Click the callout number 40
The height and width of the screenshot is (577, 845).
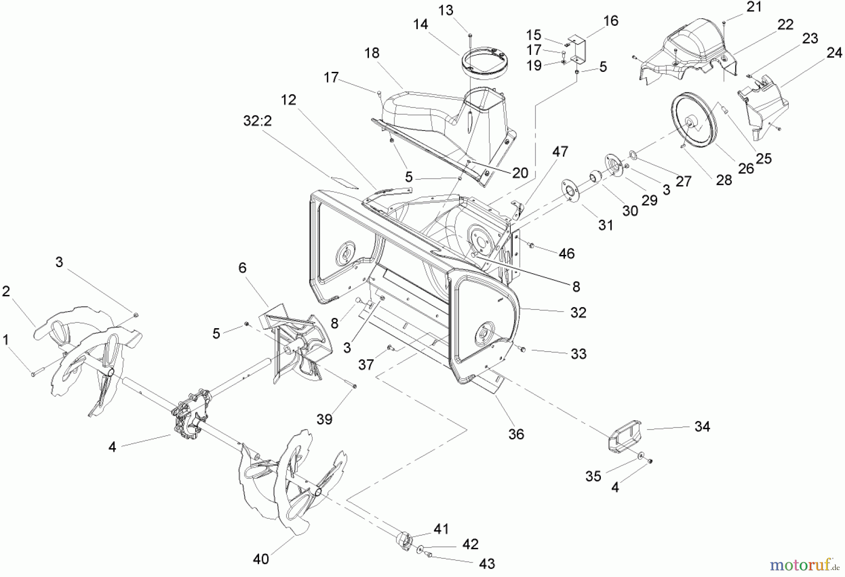tap(261, 559)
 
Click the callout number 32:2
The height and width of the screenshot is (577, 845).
tap(258, 121)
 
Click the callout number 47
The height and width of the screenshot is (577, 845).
tap(560, 152)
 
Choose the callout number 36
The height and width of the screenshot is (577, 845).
tap(516, 434)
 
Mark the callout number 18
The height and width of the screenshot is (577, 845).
tap(372, 53)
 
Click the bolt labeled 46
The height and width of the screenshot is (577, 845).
tap(532, 245)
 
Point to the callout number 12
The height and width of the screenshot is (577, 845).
tap(289, 100)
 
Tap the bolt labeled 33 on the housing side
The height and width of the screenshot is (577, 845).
tap(522, 349)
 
